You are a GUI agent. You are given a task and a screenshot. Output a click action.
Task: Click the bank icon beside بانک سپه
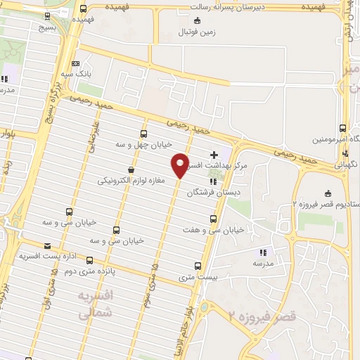[x=75, y=63]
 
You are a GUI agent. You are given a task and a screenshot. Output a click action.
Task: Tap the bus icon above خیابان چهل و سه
[x=144, y=133]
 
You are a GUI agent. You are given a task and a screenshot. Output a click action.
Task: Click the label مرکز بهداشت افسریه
[x=231, y=165]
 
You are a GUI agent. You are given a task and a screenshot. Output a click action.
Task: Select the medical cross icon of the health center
[x=214, y=154]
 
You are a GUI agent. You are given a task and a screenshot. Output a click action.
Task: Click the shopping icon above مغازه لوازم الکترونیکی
[x=131, y=169]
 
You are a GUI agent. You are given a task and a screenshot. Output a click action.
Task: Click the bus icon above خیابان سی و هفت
[x=204, y=219]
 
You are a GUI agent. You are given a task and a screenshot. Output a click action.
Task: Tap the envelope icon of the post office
[x=47, y=245]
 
